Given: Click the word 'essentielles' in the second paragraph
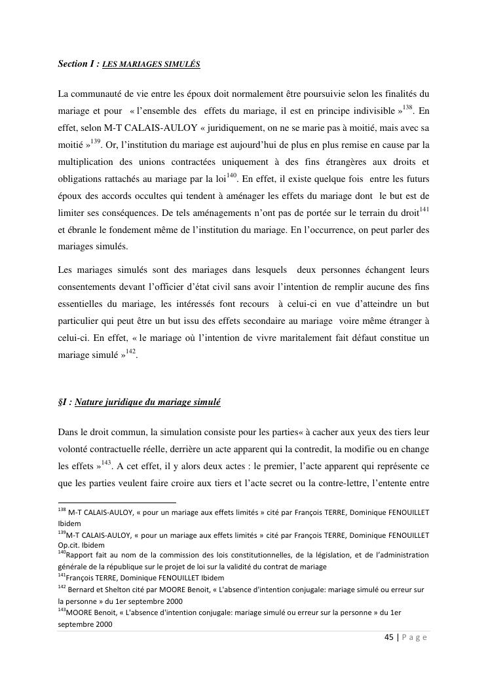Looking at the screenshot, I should pos(83,304).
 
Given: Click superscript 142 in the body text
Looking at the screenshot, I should pos(130,351).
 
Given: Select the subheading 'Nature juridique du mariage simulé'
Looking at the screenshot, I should pos(147,402).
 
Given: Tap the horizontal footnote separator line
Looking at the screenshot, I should pos(107,503).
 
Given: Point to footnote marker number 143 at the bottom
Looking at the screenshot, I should pos(62,610).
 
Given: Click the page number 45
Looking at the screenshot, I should pos(389,639).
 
